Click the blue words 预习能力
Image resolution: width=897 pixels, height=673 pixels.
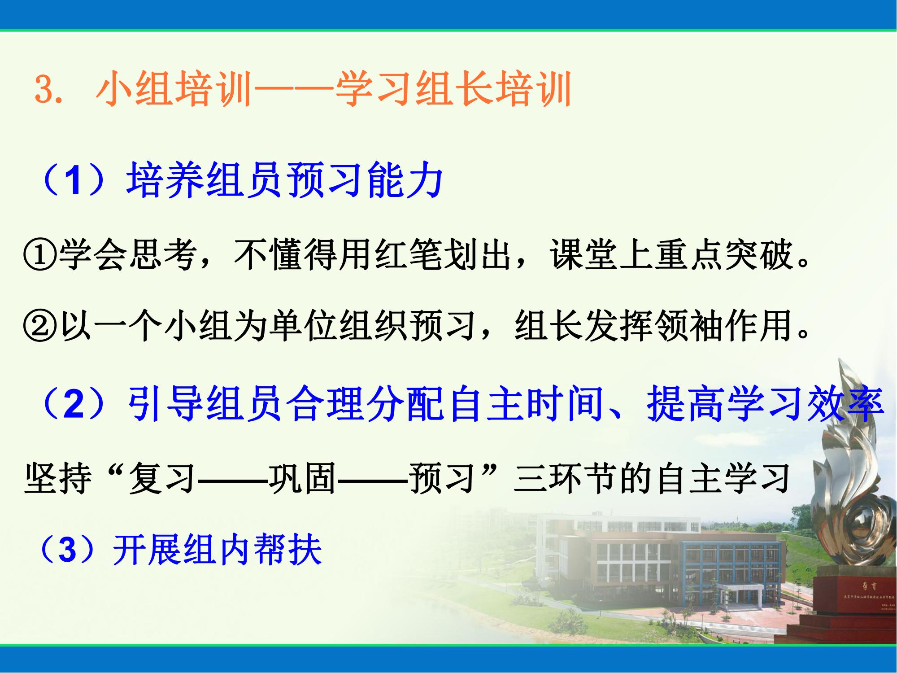[x=366, y=181]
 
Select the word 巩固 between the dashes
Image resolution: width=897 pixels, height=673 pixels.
[x=303, y=478]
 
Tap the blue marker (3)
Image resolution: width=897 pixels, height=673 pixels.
[x=67, y=550]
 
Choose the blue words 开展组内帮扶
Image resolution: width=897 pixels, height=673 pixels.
[x=218, y=550]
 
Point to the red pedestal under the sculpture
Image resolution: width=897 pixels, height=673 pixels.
[x=859, y=597]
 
